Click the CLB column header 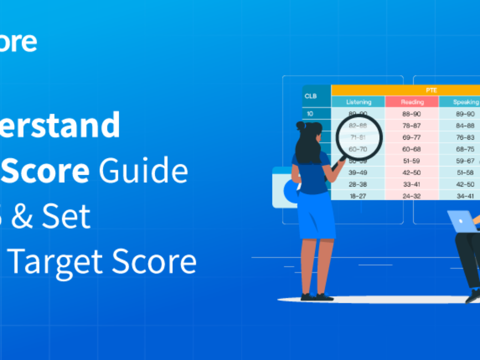[311, 96]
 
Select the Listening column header [358, 102]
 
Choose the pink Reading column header [412, 102]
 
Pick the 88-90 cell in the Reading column [412, 114]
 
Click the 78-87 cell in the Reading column [412, 126]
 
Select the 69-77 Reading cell [412, 137]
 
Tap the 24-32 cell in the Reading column [412, 196]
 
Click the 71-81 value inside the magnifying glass [358, 137]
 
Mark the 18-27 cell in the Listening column [358, 196]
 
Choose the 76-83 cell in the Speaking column [465, 137]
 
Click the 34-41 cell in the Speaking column [465, 196]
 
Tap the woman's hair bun [300, 126]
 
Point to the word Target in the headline [56, 262]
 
